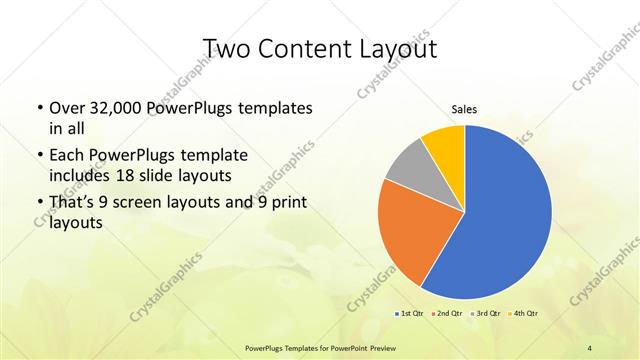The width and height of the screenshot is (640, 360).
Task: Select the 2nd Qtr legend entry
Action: pyautogui.click(x=446, y=314)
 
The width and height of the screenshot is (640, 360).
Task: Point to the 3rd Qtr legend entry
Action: pyautogui.click(x=487, y=314)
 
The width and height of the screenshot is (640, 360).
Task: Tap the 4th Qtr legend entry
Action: pyautogui.click(x=526, y=314)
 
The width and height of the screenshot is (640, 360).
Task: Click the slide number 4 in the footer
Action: pyautogui.click(x=589, y=347)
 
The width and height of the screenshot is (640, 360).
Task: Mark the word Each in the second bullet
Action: pyautogui.click(x=66, y=155)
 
